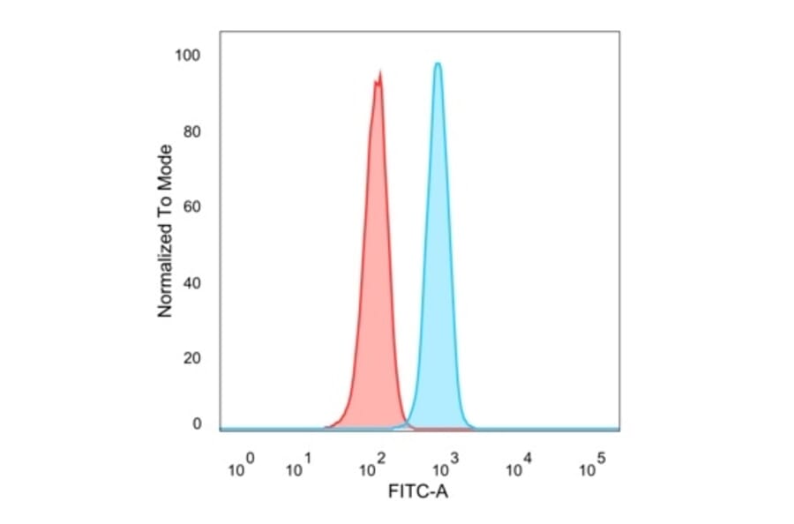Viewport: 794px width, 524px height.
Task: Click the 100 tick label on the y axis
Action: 189,56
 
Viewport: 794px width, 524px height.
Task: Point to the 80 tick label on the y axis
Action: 192,132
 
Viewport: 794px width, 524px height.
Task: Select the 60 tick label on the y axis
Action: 192,207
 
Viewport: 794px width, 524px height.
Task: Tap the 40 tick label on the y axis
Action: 192,283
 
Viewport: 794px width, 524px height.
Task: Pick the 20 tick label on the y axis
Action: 192,358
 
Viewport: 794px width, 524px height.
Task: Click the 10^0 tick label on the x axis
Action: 242,467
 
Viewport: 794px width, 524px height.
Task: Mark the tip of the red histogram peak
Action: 380,72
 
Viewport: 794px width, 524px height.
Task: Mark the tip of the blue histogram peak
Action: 437,63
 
